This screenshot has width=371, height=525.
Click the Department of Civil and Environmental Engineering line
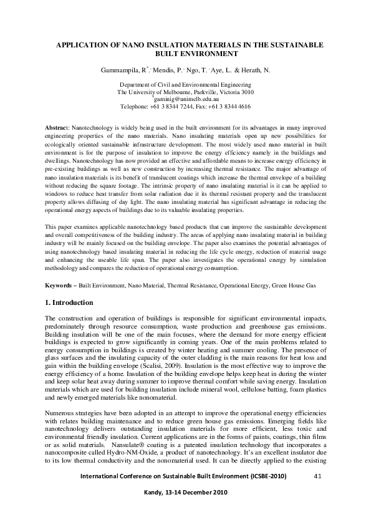[x=185, y=85]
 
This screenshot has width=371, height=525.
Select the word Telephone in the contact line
[x=132, y=106]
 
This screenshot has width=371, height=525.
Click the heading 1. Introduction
[x=69, y=302]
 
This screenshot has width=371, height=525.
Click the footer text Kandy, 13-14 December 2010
[x=186, y=492]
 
